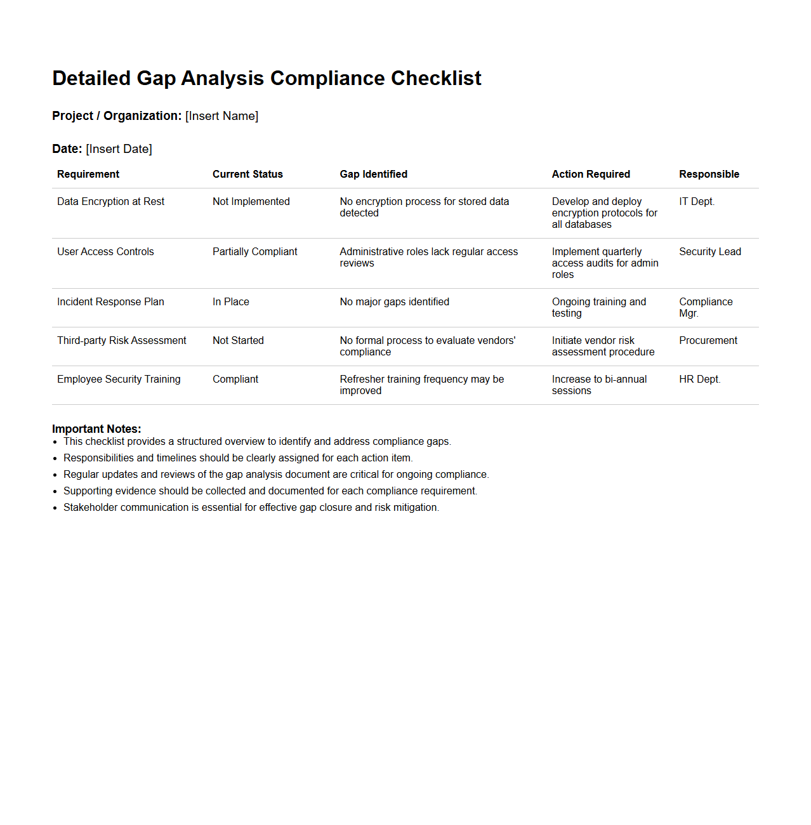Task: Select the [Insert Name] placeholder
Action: coord(221,116)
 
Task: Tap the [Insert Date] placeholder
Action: coord(119,149)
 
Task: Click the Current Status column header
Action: coord(247,175)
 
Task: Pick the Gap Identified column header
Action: coord(373,175)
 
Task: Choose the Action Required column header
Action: coord(591,175)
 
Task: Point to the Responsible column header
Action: coord(709,175)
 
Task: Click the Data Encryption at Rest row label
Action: coord(110,202)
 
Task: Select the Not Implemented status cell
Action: coord(251,202)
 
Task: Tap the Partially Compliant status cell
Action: coord(254,252)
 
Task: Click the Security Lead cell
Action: coord(709,252)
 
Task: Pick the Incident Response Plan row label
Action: coord(110,302)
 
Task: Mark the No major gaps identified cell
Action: coord(394,302)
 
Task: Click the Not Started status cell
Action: coord(238,341)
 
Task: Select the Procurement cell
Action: coord(708,341)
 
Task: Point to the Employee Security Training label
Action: coord(119,379)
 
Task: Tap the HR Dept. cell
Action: coord(699,379)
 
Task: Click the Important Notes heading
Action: coord(96,429)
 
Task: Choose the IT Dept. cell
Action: coord(696,202)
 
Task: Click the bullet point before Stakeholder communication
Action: coord(56,508)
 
